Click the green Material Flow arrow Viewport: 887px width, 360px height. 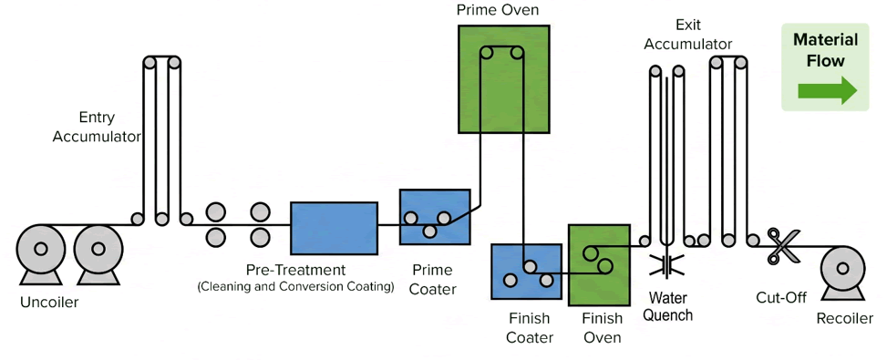[x=828, y=90]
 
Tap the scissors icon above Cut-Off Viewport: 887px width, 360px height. [x=783, y=246]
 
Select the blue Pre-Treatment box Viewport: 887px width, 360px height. [x=334, y=228]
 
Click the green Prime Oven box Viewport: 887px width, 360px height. [x=503, y=79]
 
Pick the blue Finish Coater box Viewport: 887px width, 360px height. [x=526, y=272]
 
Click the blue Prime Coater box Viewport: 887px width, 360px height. [x=435, y=217]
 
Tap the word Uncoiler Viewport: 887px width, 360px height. [x=49, y=303]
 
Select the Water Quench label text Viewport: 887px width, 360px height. [x=670, y=305]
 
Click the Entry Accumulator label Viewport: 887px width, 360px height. [x=97, y=127]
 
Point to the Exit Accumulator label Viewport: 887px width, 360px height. [x=688, y=35]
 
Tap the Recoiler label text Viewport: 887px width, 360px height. [x=844, y=319]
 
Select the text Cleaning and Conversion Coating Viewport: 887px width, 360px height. [x=295, y=286]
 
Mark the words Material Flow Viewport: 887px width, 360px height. [x=825, y=50]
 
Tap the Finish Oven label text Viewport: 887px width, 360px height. [x=602, y=328]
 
